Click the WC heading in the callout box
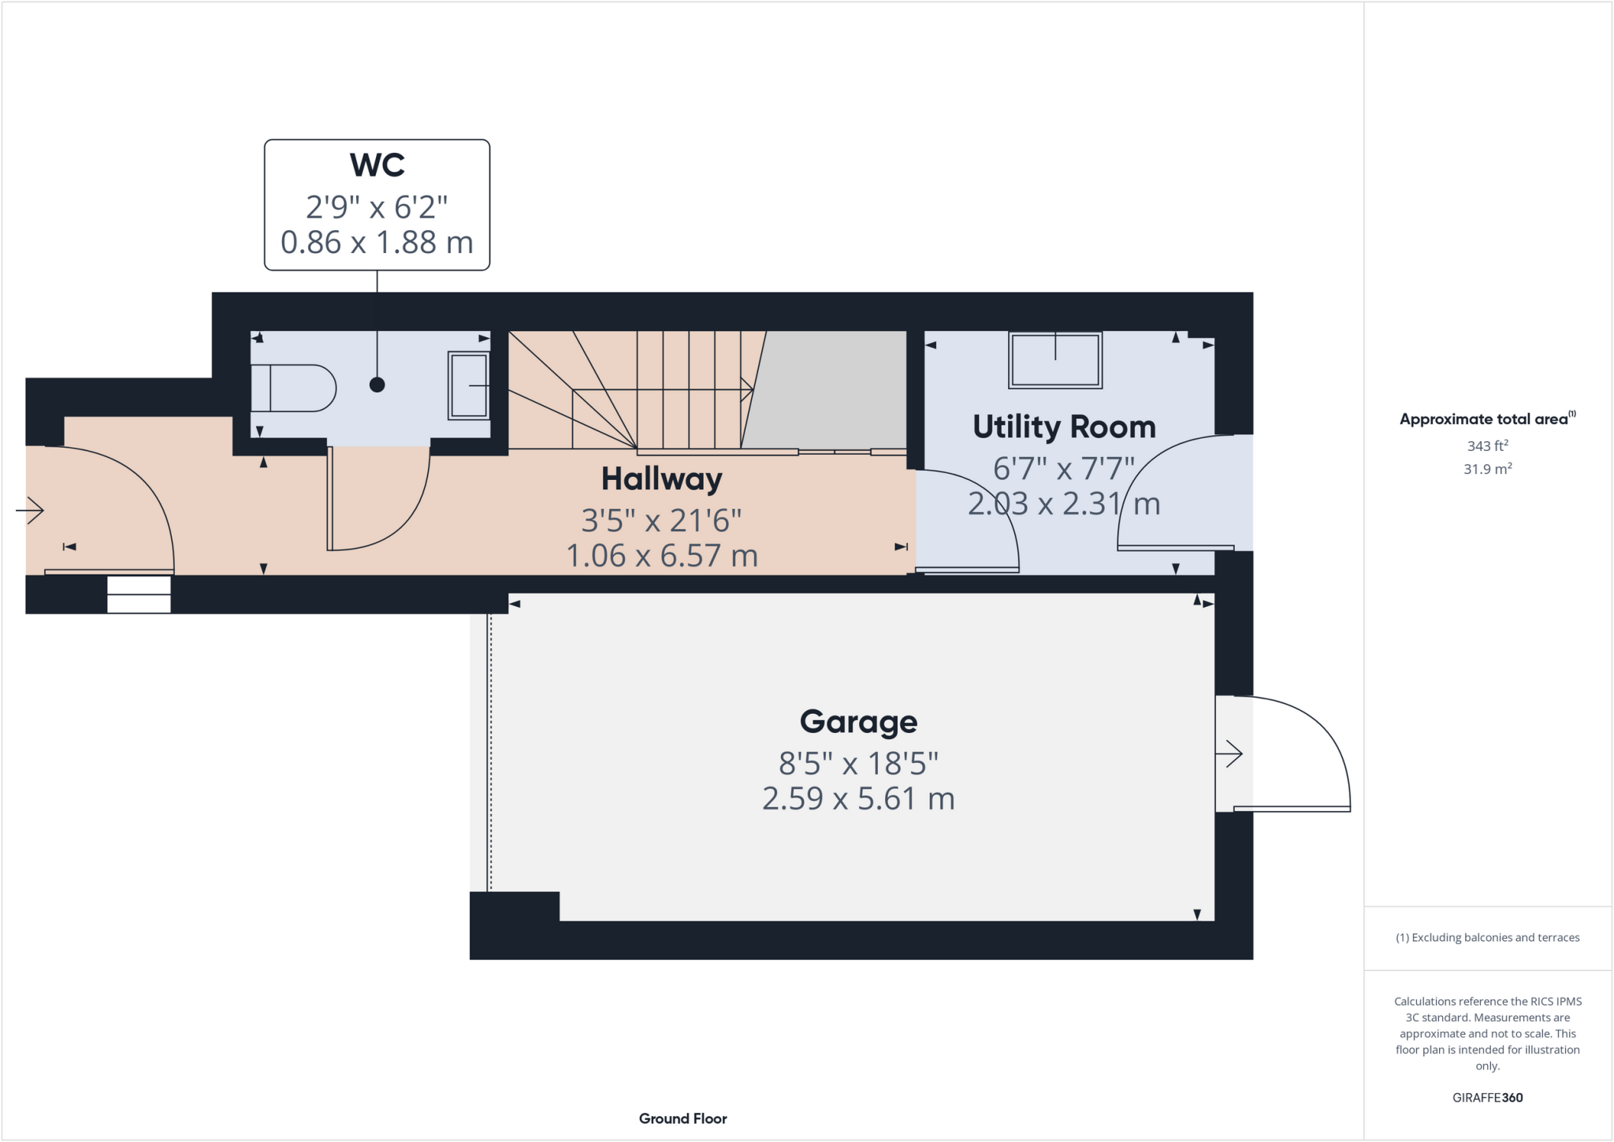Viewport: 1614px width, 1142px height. tap(377, 166)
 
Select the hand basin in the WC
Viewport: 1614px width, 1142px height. tap(469, 385)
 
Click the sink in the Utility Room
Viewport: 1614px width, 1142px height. tap(1055, 359)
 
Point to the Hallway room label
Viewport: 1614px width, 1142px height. tap(661, 479)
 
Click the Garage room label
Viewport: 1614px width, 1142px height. tap(858, 722)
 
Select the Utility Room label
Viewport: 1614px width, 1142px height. tap(1064, 427)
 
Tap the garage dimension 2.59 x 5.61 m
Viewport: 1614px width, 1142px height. tap(858, 799)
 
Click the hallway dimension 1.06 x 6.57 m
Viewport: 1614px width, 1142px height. tap(662, 556)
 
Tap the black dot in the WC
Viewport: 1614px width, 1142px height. tap(377, 385)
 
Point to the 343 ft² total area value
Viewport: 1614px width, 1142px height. tap(1487, 446)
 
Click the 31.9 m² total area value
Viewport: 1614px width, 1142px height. tap(1487, 469)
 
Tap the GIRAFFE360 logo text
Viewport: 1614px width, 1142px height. tap(1487, 1097)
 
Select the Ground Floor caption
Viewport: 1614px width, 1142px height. tap(682, 1118)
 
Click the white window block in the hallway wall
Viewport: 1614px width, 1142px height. tap(139, 595)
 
